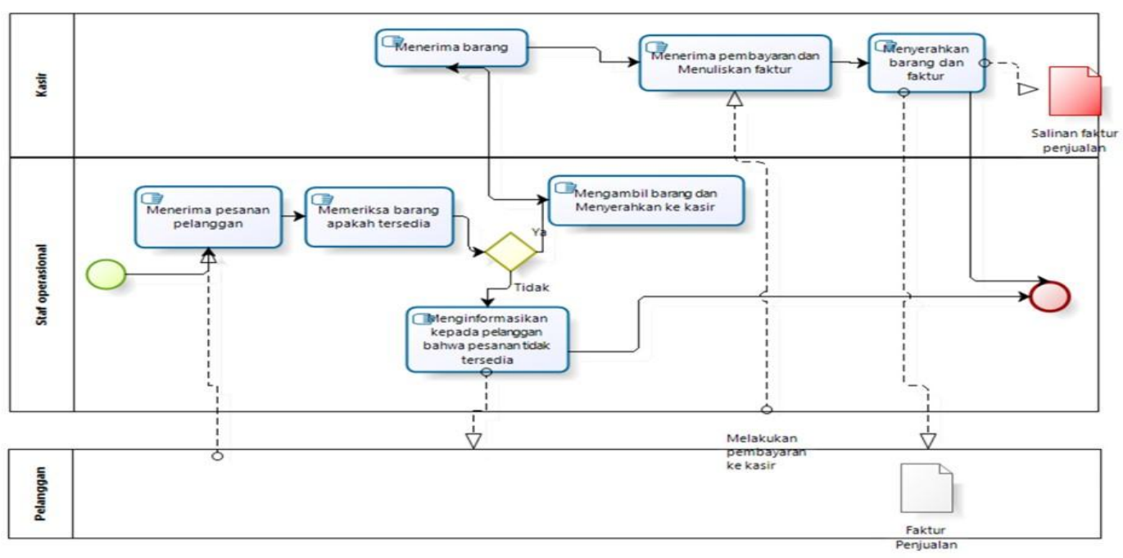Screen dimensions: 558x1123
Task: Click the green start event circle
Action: pyautogui.click(x=106, y=274)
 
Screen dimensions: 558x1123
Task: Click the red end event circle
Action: pyautogui.click(x=1050, y=296)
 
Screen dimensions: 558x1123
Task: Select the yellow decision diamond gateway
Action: pyautogui.click(x=509, y=252)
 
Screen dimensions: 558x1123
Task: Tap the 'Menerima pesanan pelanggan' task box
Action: pyautogui.click(x=208, y=216)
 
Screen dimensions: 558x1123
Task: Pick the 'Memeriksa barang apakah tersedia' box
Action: pyautogui.click(x=378, y=216)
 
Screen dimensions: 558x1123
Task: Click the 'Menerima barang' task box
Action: pyautogui.click(x=451, y=48)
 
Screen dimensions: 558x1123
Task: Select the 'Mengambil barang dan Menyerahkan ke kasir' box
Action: pyautogui.click(x=645, y=200)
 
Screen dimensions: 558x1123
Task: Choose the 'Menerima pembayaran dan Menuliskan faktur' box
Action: pyautogui.click(x=735, y=62)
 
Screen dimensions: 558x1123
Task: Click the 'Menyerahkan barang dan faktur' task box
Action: pyautogui.click(x=926, y=62)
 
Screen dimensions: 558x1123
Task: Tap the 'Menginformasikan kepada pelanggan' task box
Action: pyautogui.click(x=487, y=339)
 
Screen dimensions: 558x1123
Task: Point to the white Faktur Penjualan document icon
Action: pyautogui.click(x=926, y=488)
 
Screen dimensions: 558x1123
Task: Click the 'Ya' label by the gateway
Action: pyautogui.click(x=539, y=232)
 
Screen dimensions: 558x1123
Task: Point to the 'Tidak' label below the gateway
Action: pyautogui.click(x=531, y=287)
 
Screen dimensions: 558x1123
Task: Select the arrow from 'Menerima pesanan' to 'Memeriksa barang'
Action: pyautogui.click(x=292, y=216)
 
